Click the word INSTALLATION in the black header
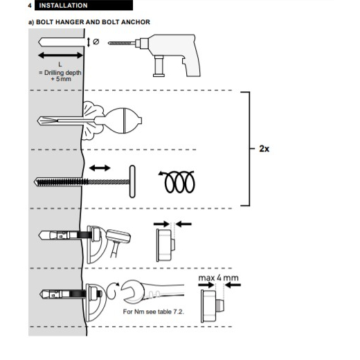pos(63,6)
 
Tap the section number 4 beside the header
pos(30,6)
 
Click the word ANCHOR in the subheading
pos(136,22)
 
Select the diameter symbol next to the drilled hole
pos(96,42)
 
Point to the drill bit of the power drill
pos(122,43)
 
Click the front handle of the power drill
pos(159,66)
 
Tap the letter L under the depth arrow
pos(60,64)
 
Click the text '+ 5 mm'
pos(61,79)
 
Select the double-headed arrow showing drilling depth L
pos(60,55)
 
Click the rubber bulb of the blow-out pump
pos(123,120)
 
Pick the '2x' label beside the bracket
pos(264,149)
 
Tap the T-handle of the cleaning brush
pos(132,181)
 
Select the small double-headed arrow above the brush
pos(100,168)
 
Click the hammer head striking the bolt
pos(118,236)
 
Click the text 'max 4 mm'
pos(218,278)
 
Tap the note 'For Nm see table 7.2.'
pos(154,312)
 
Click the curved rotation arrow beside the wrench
pos(113,290)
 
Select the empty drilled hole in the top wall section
pos(61,42)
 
